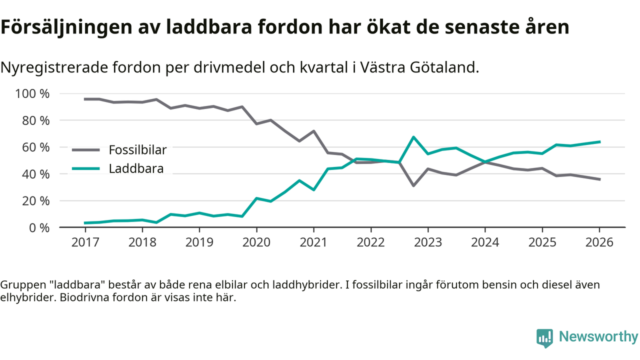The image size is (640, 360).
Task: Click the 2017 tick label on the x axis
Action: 85,242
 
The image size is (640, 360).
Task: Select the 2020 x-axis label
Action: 256,242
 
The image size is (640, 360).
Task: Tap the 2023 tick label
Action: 427,242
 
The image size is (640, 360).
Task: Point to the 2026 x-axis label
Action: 599,242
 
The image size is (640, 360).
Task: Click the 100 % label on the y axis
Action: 32,94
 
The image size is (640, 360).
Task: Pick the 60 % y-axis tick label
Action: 36,147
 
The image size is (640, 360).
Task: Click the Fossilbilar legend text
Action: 137,149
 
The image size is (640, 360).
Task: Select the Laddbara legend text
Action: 136,168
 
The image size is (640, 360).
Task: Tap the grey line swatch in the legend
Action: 86,149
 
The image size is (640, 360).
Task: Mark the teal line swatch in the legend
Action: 86,168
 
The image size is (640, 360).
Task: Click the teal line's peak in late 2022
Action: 413,137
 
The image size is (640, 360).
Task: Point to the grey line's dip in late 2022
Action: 413,185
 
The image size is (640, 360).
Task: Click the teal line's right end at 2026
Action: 599,142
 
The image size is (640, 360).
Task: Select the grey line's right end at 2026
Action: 599,179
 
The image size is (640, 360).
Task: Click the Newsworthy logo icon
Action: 545,338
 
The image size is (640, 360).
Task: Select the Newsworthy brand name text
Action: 598,337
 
